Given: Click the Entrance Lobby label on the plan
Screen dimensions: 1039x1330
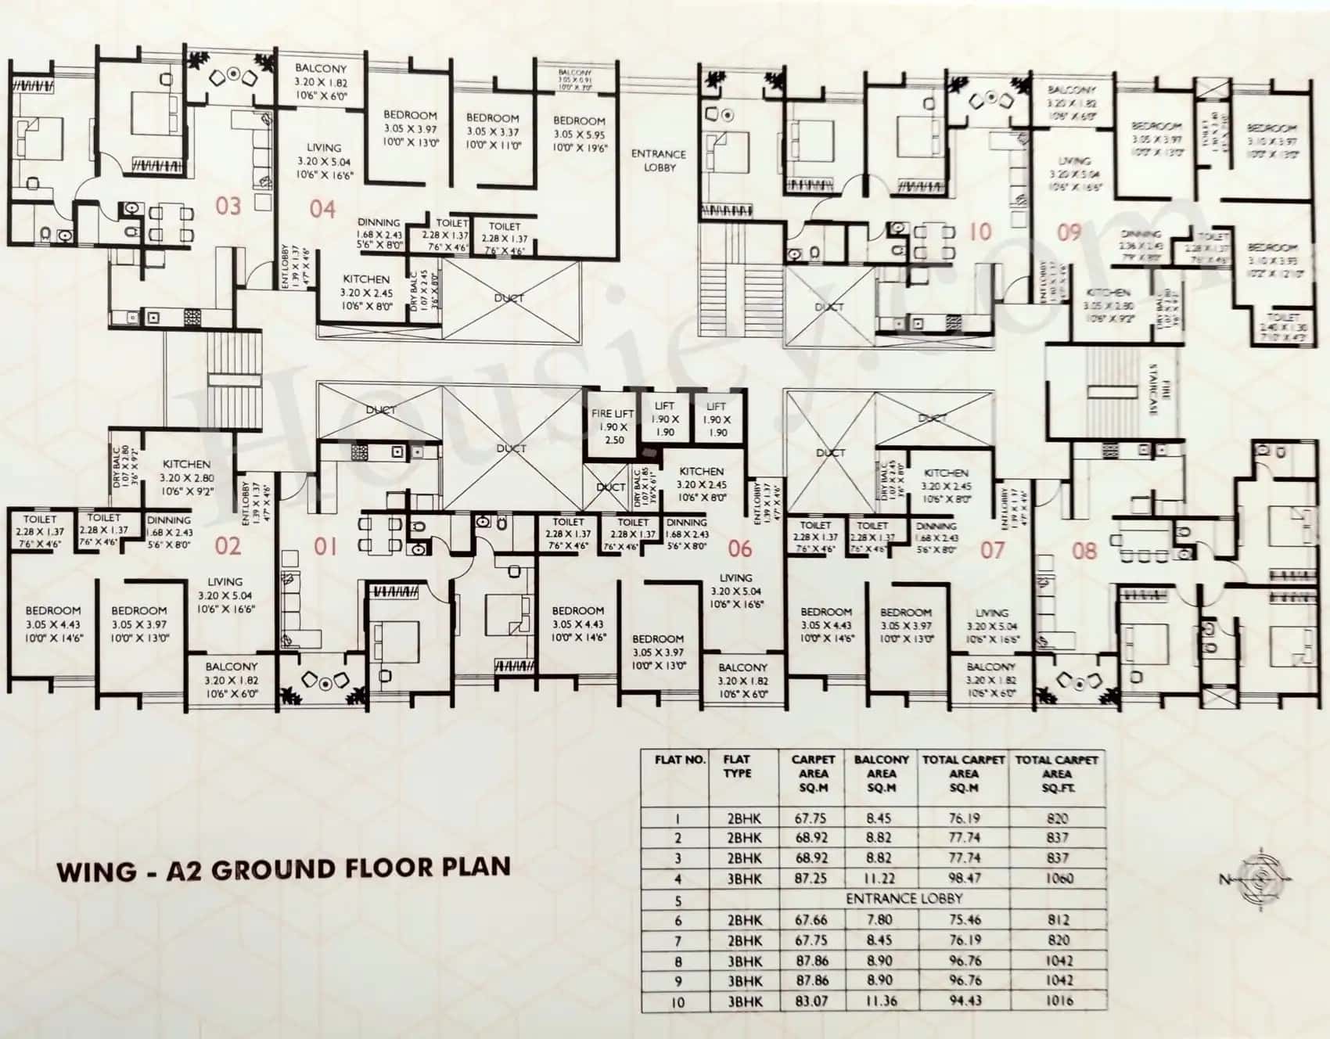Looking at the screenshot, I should pos(659,160).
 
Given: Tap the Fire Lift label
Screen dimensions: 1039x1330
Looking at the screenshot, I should pos(613,413).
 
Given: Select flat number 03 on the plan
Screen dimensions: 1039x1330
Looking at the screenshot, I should pos(228,207).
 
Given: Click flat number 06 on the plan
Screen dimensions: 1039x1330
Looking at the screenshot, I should pos(739,548).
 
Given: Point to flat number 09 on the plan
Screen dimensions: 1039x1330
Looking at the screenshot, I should pos(1069,232).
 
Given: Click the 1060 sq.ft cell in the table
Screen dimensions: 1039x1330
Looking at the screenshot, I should pos(1059,879).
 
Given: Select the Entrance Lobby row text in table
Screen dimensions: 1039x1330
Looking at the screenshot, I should pos(904,899).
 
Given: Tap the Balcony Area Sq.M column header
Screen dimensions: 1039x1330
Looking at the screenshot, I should pos(881,773).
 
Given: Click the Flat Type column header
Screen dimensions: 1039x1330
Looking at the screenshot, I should pos(737,766).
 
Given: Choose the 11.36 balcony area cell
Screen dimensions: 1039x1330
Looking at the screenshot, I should pos(881,1001).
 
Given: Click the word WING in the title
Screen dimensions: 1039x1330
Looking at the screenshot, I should pos(97,871).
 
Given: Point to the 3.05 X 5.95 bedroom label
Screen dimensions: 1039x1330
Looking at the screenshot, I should pos(579,134).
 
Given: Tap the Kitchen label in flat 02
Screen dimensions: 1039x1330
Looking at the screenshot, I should pos(186,464).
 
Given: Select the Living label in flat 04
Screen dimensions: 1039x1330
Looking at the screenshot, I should pos(324,147).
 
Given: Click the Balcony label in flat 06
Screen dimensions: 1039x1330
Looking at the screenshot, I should pos(742,667).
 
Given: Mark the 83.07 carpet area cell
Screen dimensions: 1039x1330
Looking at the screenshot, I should pos(811,1001).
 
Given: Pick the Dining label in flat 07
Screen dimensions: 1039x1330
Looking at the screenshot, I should pos(936,527).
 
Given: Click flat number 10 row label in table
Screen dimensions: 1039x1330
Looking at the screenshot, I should pos(678,1001).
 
